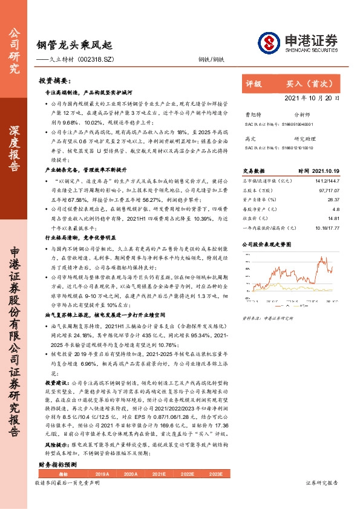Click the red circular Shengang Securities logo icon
(x=268, y=42)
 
